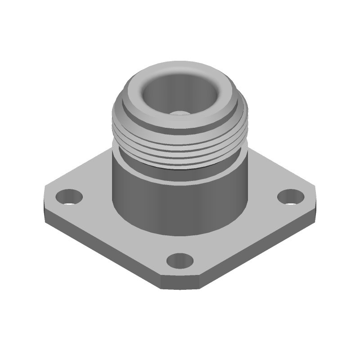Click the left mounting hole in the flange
(69, 197)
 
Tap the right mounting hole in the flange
(289, 197)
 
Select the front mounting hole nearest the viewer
(180, 261)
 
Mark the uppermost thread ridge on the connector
(180, 130)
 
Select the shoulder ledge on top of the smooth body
(130, 166)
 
